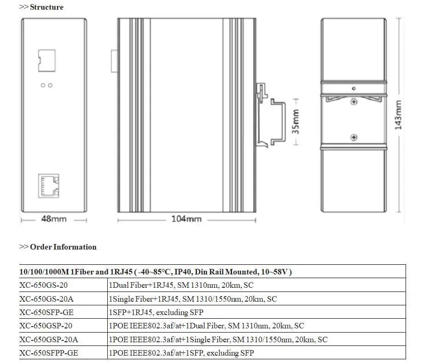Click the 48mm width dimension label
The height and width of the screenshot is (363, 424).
53,219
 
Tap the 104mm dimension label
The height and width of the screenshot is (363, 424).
186,219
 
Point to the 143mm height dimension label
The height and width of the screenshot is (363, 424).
398,115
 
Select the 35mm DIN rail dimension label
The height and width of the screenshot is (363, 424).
296,121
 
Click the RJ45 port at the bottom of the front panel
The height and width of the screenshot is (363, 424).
49,185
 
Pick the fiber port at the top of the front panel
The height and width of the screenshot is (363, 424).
46,60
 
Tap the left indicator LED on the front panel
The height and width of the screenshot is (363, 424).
43,85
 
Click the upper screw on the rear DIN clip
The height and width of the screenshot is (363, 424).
353,101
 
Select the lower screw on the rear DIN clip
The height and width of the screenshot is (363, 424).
353,137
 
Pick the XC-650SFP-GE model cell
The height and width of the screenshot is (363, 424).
46,312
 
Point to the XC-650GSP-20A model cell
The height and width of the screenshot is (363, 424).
49,339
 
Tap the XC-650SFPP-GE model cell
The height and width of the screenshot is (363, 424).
49,353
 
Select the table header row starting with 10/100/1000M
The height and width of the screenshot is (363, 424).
156,272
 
